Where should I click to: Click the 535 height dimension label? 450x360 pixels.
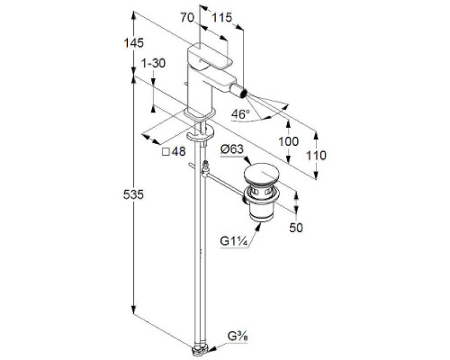click(133, 194)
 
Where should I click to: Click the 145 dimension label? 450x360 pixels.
click(134, 43)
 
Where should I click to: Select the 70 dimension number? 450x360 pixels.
click(187, 18)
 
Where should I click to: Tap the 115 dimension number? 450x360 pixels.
click(222, 18)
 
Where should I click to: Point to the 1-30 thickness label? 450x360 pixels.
click(153, 63)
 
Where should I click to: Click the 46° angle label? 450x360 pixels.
click(240, 114)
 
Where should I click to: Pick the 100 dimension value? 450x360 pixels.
click(289, 141)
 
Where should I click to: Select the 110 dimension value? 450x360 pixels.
click(316, 156)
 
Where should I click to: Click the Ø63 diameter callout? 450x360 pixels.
click(232, 149)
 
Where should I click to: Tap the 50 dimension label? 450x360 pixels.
click(296, 228)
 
